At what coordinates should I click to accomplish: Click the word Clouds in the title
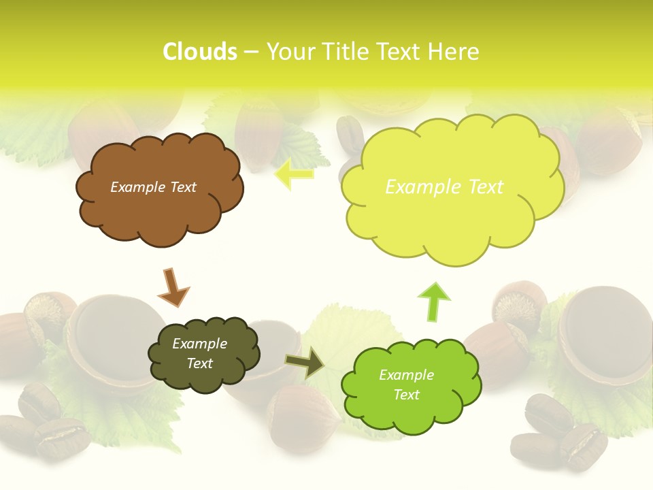pyautogui.click(x=199, y=52)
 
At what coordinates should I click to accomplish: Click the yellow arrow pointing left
pyautogui.click(x=294, y=174)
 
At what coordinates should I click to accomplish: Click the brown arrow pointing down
pyautogui.click(x=173, y=288)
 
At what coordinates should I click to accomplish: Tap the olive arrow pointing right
pyautogui.click(x=305, y=362)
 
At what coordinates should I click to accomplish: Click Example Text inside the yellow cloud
pyautogui.click(x=444, y=187)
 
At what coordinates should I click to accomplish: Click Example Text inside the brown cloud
pyautogui.click(x=153, y=187)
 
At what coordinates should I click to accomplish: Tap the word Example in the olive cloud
pyautogui.click(x=199, y=344)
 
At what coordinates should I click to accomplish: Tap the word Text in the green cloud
pyautogui.click(x=407, y=395)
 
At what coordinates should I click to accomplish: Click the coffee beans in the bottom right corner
pyautogui.click(x=558, y=432)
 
